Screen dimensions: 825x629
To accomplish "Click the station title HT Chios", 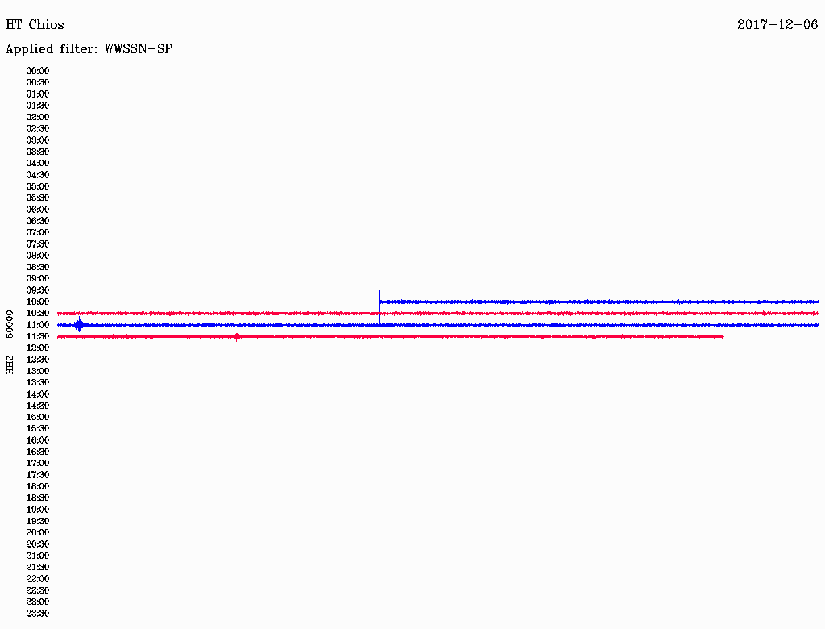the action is pos(35,25).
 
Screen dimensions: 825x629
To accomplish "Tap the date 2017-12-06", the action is pos(777,25).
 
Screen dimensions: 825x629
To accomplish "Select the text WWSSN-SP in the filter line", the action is pos(139,49).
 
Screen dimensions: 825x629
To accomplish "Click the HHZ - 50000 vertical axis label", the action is pos(10,342).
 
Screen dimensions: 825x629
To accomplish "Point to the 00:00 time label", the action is pos(38,71).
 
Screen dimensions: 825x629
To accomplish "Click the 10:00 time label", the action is pos(38,302).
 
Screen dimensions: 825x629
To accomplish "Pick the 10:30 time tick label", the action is pos(38,314).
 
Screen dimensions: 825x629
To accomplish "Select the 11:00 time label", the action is pos(38,325).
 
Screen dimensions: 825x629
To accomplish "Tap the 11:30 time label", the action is pos(38,336).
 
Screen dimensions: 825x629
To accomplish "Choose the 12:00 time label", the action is pos(38,348).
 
